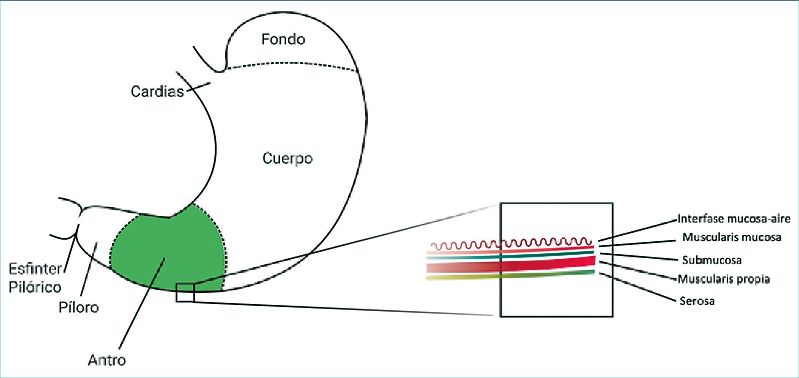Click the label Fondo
(x=283, y=39)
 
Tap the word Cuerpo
(x=287, y=158)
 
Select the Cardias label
(x=157, y=92)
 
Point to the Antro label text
(x=107, y=360)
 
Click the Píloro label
(x=79, y=307)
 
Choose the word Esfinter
(x=35, y=269)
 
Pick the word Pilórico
(x=35, y=287)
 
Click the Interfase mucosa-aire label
(x=733, y=219)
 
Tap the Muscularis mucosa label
(x=731, y=237)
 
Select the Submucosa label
(x=712, y=261)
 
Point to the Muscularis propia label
(x=724, y=279)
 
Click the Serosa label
(x=697, y=301)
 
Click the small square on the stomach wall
(x=185, y=293)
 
